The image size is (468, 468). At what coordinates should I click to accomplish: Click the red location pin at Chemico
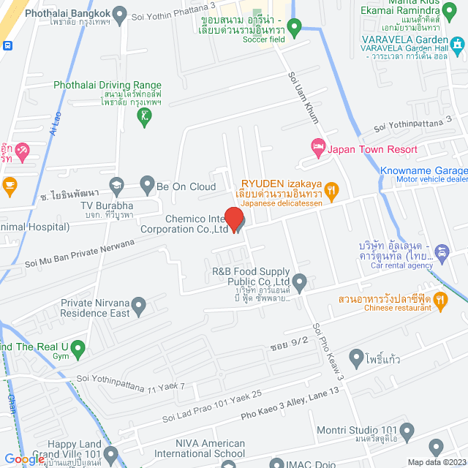(233, 219)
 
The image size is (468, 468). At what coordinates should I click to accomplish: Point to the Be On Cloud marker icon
(146, 186)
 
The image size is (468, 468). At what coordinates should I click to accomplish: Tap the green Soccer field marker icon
(295, 29)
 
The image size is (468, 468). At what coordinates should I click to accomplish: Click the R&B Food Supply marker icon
(299, 281)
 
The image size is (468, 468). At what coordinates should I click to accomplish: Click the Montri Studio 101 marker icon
(436, 447)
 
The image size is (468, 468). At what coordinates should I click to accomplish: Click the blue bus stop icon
(7, 45)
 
